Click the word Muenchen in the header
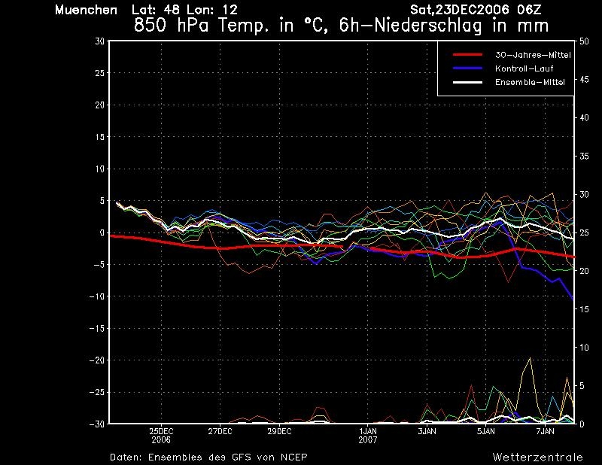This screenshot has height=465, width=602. tap(86, 10)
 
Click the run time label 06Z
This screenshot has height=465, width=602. tap(529, 10)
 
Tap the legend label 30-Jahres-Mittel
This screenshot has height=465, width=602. tap(533, 55)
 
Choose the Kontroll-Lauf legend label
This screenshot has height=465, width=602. tap(524, 68)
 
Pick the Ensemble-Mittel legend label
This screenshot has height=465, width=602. tap(530, 82)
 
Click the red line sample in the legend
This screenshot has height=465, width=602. tap(467, 55)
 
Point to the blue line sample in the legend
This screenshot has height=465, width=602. tap(467, 68)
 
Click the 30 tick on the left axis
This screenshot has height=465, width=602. tap(99, 41)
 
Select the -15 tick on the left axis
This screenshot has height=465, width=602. tap(97, 328)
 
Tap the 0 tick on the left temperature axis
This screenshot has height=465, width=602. tap(102, 232)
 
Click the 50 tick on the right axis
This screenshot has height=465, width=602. tap(584, 41)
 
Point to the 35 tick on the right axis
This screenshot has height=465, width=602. tap(584, 157)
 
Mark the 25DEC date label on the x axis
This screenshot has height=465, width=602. tap(161, 431)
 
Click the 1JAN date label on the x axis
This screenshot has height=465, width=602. tap(368, 431)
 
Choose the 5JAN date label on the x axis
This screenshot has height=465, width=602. tap(486, 431)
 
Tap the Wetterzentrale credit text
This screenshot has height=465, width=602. tap(537, 457)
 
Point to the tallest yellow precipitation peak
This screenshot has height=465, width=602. tap(531, 358)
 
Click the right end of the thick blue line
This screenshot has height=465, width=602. tap(573, 299)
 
